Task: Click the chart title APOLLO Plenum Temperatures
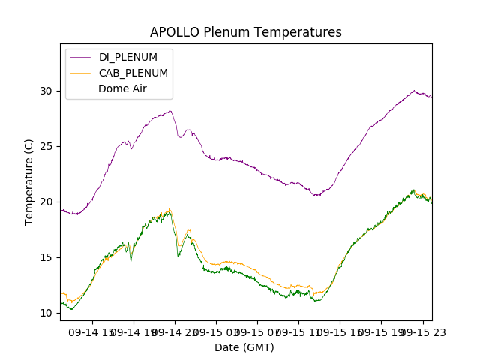coord(245,32)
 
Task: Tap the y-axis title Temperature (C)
coord(29,182)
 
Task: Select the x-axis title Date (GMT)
coord(244,347)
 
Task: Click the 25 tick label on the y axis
coord(46,146)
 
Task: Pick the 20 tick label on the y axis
coord(46,202)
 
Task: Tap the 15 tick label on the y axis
coord(46,257)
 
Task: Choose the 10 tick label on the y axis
coord(46,313)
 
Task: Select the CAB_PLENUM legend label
coord(133,73)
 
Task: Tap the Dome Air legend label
coord(122,88)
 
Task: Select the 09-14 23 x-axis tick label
coord(175,331)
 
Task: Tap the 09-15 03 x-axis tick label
coord(215,331)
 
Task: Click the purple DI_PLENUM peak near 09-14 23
coord(170,111)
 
